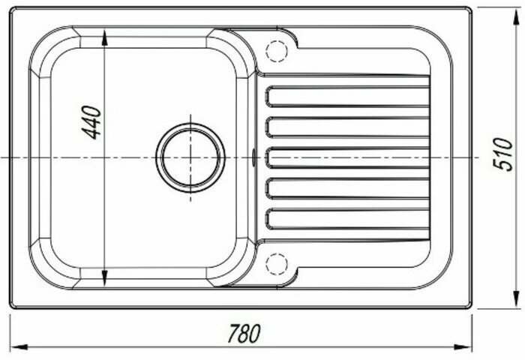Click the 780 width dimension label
[x=244, y=333]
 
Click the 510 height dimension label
[x=503, y=154]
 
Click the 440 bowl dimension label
[x=91, y=122]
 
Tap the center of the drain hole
[x=190, y=157]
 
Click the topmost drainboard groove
[x=347, y=97]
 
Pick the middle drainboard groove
[x=347, y=157]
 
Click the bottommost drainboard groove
[x=347, y=219]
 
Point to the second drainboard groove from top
[x=347, y=127]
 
